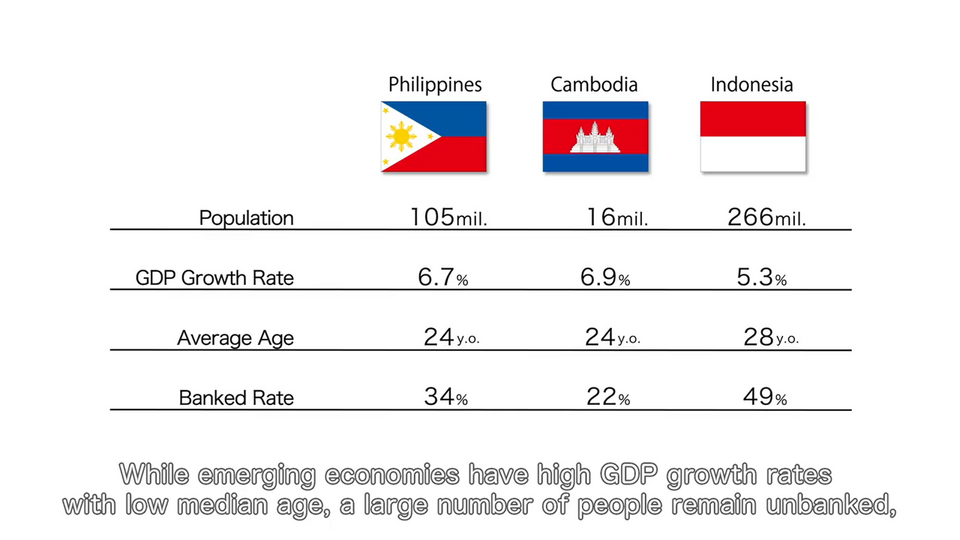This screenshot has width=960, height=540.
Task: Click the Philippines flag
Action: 433,137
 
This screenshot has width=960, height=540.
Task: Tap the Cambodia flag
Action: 595,137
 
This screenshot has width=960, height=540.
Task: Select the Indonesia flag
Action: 753,137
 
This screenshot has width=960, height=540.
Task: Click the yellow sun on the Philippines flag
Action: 401,137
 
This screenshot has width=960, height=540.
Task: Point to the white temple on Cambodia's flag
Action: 594,138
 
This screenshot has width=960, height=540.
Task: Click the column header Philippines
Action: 435,84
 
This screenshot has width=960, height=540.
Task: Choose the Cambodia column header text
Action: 594,84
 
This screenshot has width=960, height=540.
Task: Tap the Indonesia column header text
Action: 752,84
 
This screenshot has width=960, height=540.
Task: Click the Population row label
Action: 246,218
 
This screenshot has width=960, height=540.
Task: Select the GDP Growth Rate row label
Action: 214,278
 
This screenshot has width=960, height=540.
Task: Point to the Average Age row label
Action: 235,338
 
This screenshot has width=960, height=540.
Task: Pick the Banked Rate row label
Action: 236,398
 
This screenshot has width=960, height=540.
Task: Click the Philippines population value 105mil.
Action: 448,217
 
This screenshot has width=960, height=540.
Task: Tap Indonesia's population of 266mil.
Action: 767,217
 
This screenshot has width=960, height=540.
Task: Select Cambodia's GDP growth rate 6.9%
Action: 605,277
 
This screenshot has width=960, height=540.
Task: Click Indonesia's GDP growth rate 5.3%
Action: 762,277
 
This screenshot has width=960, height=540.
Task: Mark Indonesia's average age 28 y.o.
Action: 771,337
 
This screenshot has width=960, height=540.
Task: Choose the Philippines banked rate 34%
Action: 446,397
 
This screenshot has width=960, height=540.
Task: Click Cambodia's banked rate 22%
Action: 608,397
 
